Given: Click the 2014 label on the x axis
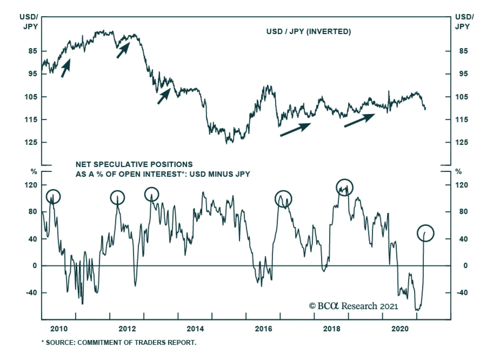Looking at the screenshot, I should coord(195,329).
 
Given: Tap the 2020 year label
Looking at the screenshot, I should coord(400,329).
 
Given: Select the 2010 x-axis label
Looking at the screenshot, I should coord(59,329).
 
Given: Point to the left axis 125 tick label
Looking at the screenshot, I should coord(31,142).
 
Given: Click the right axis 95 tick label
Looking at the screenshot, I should coord(463,74).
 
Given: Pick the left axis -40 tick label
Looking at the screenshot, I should coord(31,292).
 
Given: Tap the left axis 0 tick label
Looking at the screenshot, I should coord(35,266).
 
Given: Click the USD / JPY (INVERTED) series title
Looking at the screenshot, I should coord(308,31).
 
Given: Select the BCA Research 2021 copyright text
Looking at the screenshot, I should coord(353,306).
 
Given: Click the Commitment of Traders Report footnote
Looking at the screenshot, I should coord(119,342).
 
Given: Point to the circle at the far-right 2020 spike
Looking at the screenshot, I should coord(425,233).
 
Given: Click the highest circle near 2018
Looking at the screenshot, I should coord(344,187).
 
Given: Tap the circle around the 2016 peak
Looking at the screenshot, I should coord(283,199).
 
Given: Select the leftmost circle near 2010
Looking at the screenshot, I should coord(53,196).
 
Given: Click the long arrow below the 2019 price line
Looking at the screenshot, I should coord(359,120).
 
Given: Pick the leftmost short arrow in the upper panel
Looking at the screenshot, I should coord(66,68).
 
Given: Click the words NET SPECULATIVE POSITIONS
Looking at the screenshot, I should coord(134,164).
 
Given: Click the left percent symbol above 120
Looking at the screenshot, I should coord(34,172).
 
